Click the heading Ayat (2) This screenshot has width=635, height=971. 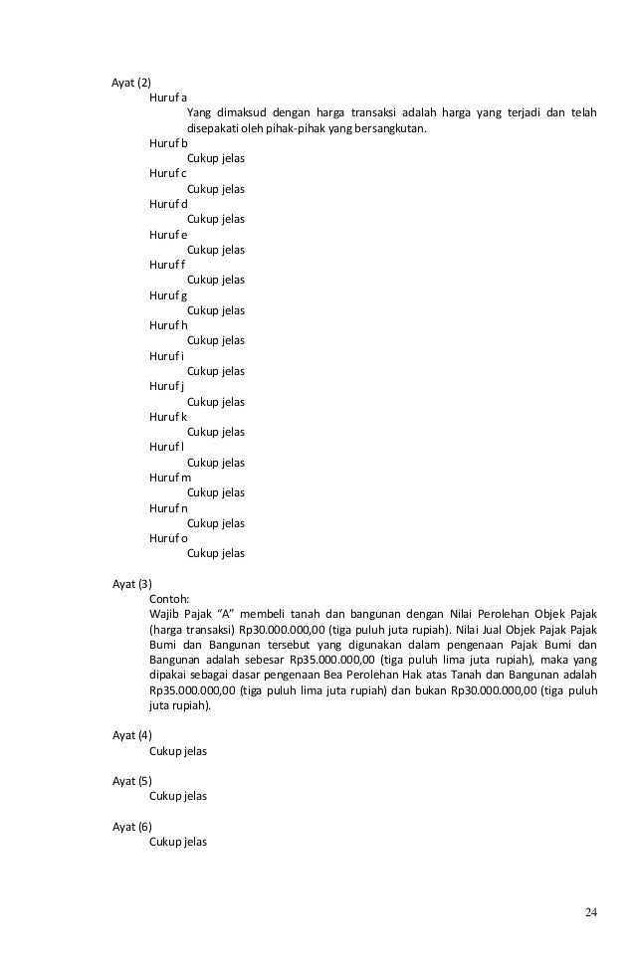(x=131, y=82)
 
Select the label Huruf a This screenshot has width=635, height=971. (x=168, y=97)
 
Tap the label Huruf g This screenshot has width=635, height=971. (x=168, y=294)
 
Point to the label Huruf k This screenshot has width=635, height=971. (x=168, y=416)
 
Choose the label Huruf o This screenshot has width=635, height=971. (x=168, y=537)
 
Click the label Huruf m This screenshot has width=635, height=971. (x=170, y=477)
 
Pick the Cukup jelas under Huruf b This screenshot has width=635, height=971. (x=216, y=158)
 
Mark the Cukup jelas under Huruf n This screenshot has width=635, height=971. (x=216, y=522)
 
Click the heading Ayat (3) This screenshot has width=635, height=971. (x=131, y=584)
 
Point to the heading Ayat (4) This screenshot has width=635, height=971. (x=131, y=735)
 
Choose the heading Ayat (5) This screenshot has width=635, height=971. (x=131, y=781)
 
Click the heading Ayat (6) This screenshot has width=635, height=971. (x=131, y=827)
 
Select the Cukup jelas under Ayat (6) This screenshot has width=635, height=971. (x=177, y=842)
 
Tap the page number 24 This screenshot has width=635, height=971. (x=591, y=913)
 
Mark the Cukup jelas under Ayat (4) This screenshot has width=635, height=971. (x=177, y=751)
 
